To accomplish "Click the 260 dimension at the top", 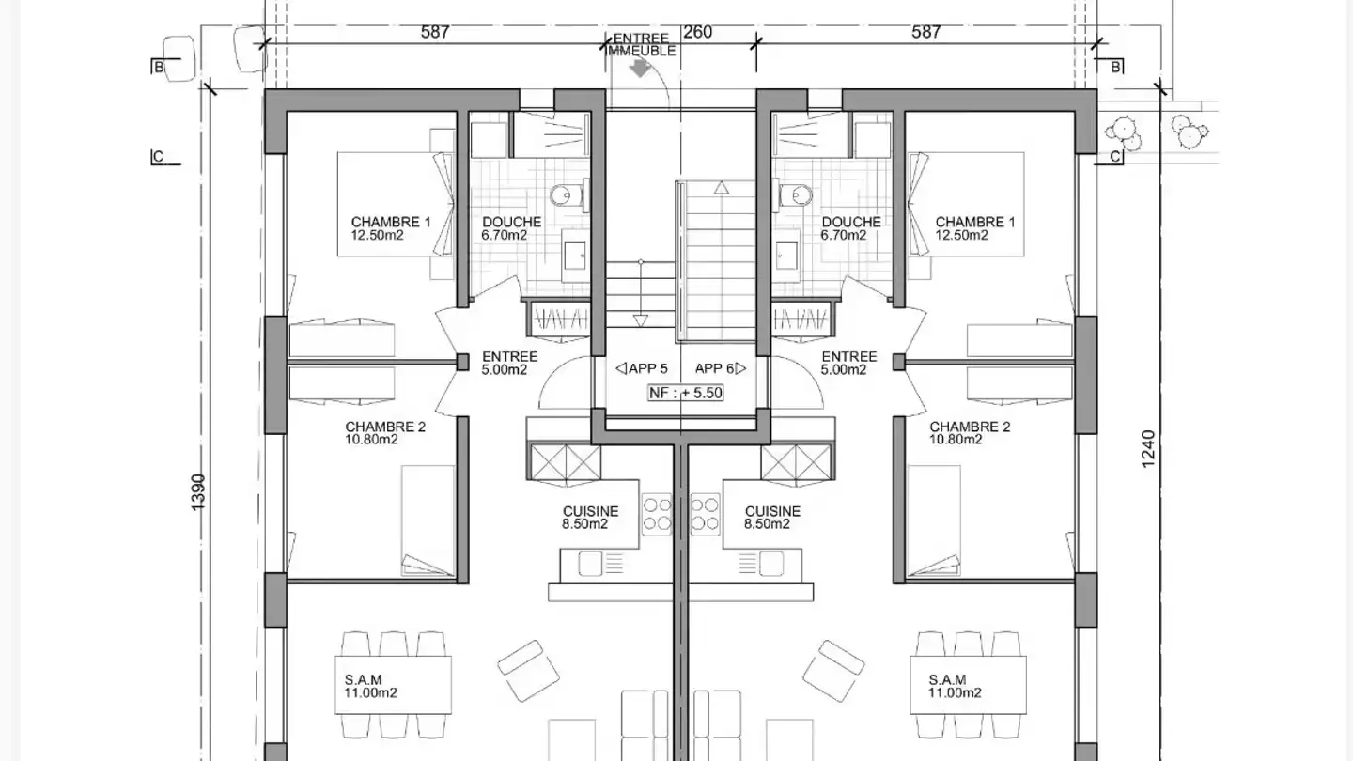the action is click(697, 32).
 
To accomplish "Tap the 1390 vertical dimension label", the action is click(198, 492).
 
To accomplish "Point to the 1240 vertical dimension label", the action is click(1148, 449).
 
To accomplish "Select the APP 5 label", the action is click(642, 368).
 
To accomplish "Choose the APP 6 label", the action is click(720, 368).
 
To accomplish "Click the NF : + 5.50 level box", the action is click(686, 393).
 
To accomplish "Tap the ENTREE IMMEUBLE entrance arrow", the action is click(640, 69).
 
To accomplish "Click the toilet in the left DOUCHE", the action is click(567, 195).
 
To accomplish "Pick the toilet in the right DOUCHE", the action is click(796, 195).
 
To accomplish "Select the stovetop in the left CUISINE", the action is click(657, 515).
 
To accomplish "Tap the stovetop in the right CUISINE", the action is click(705, 515).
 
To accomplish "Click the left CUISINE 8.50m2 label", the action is click(590, 518).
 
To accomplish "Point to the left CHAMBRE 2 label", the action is click(385, 433).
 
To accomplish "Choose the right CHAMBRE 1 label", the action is click(975, 228).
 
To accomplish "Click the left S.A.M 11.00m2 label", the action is click(370, 686).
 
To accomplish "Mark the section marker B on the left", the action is click(159, 67).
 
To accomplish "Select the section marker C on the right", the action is click(1115, 157).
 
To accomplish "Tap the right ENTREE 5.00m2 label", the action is click(848, 363).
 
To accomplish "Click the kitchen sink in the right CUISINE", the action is click(770, 564).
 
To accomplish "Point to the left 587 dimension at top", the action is click(435, 32).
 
